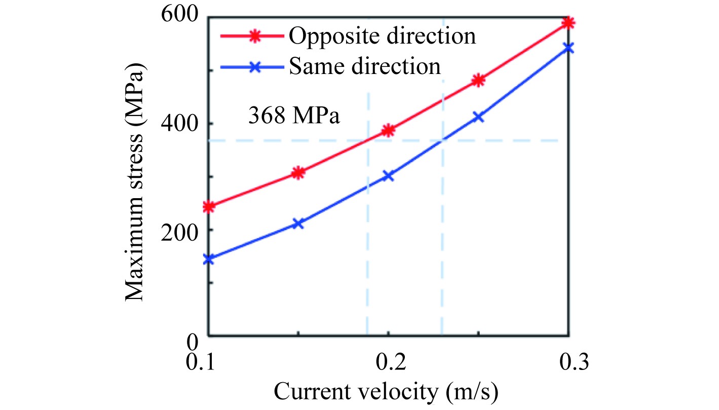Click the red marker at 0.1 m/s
209,206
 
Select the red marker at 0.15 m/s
298,173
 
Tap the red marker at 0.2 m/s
388,131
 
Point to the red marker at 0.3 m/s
569,23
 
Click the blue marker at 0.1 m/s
209,259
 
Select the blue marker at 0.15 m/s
298,223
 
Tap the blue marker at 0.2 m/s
388,176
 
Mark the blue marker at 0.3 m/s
569,48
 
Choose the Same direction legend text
365,66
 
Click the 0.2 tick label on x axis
388,363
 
